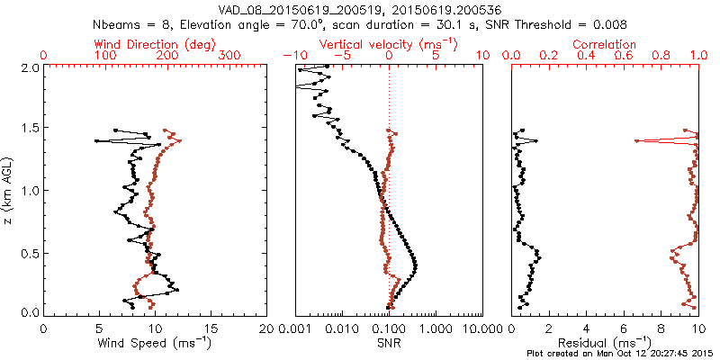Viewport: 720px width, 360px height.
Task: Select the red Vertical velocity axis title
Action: [389, 44]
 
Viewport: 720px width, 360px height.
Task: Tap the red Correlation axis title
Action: [606, 44]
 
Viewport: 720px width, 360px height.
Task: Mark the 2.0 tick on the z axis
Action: [29, 67]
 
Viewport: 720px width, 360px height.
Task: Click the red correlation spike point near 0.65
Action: [636, 140]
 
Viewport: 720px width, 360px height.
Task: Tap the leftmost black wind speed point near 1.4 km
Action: [97, 141]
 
